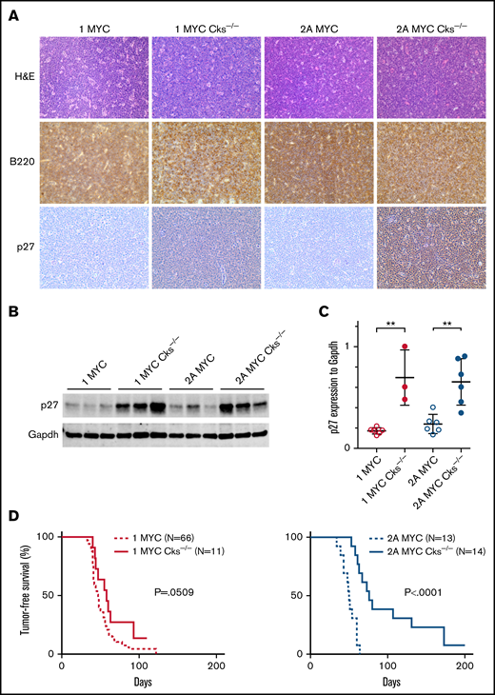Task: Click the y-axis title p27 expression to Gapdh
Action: click(x=306, y=390)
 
